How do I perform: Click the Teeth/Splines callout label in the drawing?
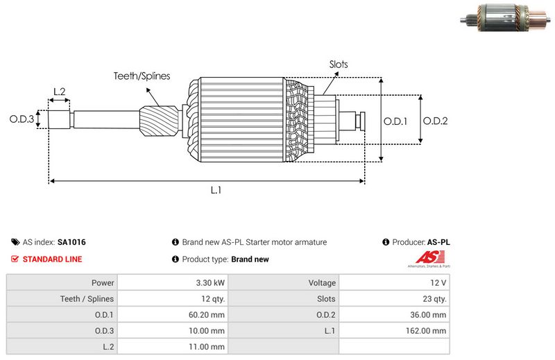click(142, 76)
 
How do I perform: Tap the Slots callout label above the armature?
click(339, 65)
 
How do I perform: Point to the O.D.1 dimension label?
click(396, 121)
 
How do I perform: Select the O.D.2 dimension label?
click(435, 121)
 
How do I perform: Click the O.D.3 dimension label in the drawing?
click(22, 119)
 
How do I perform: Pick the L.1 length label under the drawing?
click(216, 189)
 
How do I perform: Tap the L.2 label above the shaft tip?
click(59, 92)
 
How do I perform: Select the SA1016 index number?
click(71, 243)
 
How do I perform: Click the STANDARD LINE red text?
click(52, 259)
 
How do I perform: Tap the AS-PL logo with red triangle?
click(428, 260)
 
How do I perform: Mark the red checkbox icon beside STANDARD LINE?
click(15, 259)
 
